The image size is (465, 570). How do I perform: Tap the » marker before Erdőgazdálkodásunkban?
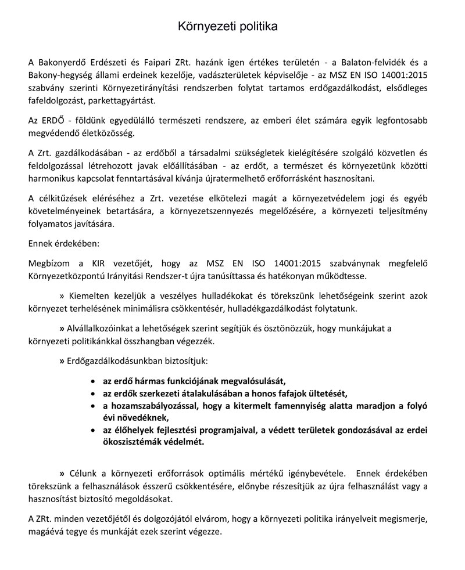coord(62,361)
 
